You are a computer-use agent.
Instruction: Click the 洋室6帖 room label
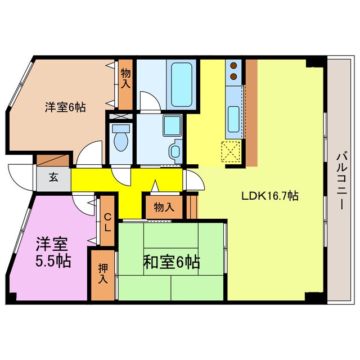[65, 107]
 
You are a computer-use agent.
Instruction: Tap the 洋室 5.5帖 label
[53, 253]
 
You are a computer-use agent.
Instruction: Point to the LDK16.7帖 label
[269, 196]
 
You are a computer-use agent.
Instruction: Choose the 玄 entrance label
[52, 178]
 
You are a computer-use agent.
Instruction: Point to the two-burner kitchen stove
[233, 71]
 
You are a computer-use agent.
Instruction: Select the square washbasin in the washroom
[171, 125]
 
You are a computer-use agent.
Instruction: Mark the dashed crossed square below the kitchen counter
[231, 151]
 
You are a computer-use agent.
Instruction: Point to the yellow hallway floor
[129, 186]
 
